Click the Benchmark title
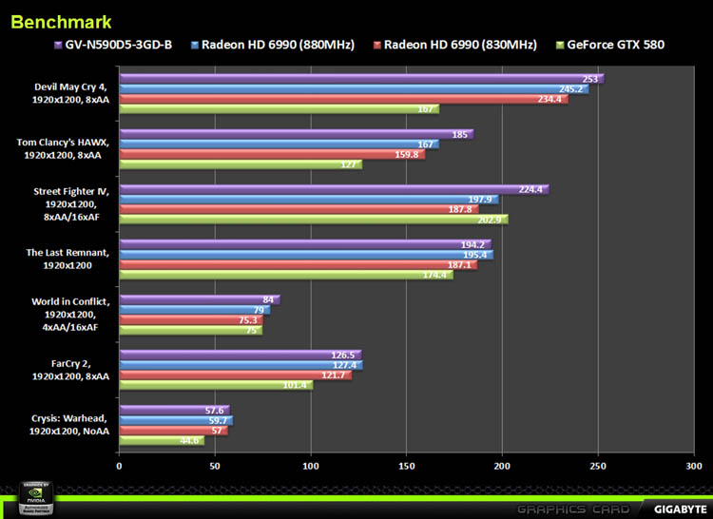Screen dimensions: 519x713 tap(61, 21)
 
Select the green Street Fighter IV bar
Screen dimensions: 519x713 tap(313, 220)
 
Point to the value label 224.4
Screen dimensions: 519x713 tap(530, 189)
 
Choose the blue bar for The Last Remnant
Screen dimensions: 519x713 tap(305, 255)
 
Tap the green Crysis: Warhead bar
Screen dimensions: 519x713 tap(161, 440)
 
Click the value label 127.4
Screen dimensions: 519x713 tap(345, 365)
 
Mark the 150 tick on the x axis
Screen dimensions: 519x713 tap(406, 466)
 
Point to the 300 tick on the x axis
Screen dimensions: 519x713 tap(693, 466)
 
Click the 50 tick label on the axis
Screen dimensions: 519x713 tap(215, 466)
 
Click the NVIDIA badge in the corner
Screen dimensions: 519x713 tap(29, 499)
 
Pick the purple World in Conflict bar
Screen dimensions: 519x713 tap(199, 300)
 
